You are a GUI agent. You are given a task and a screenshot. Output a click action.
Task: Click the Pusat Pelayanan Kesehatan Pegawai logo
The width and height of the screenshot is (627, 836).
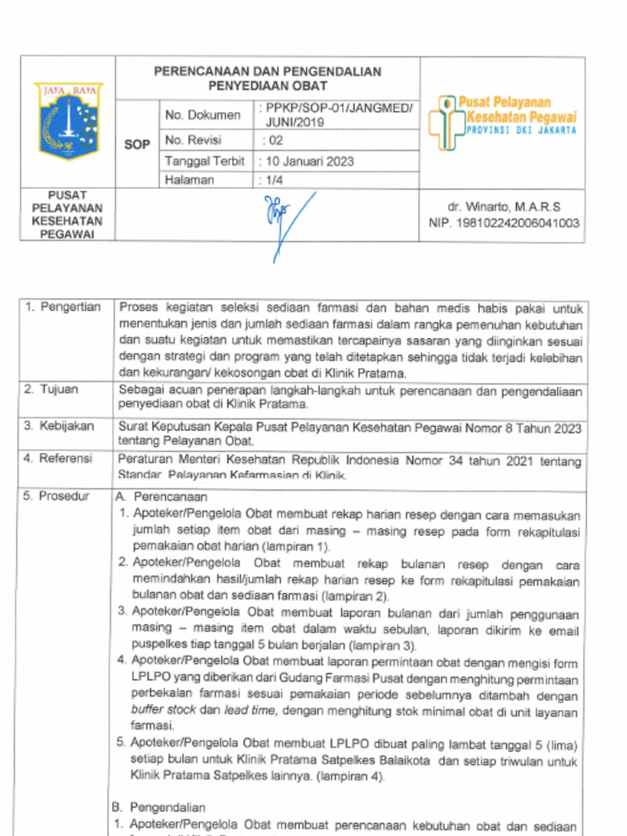click(502, 122)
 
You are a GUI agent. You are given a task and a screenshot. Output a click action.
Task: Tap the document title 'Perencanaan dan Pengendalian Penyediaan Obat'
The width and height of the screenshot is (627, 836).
click(267, 78)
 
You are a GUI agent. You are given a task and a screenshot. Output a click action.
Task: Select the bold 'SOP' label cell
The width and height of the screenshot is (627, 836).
click(137, 145)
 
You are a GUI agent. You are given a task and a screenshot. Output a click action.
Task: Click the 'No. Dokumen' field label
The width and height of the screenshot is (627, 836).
click(202, 115)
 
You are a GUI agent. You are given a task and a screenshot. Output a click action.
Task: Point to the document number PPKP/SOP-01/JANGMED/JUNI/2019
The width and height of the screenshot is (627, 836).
click(336, 115)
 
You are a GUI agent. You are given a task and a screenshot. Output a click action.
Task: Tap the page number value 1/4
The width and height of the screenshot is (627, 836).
click(270, 180)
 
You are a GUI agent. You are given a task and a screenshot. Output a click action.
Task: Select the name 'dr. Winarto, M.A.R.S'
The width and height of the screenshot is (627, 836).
click(503, 207)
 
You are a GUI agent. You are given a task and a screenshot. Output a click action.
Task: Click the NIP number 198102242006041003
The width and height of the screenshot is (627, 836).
click(504, 223)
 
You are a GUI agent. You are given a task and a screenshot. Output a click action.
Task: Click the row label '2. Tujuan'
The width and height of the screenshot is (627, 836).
click(51, 389)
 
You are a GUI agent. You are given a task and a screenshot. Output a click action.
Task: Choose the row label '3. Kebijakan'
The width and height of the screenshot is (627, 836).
click(59, 426)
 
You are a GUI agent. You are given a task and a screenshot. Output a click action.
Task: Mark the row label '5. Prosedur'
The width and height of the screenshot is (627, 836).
click(56, 496)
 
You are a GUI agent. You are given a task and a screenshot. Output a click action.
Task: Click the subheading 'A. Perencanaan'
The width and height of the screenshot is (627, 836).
click(162, 496)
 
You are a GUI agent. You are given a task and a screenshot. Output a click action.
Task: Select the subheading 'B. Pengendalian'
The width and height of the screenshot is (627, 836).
click(158, 807)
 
